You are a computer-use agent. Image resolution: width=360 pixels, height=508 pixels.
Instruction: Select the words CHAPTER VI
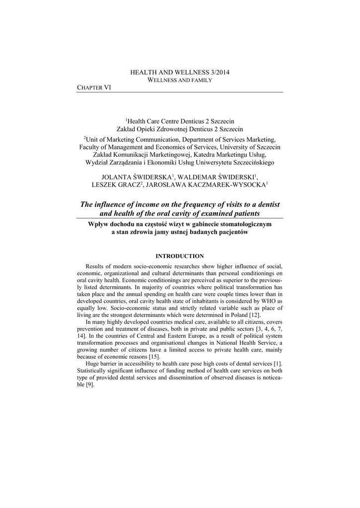[x=94, y=87]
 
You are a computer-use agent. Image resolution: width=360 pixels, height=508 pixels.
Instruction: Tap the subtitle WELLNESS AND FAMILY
[x=180, y=80]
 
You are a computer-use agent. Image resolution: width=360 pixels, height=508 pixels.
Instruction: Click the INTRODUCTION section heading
[x=180, y=256]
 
